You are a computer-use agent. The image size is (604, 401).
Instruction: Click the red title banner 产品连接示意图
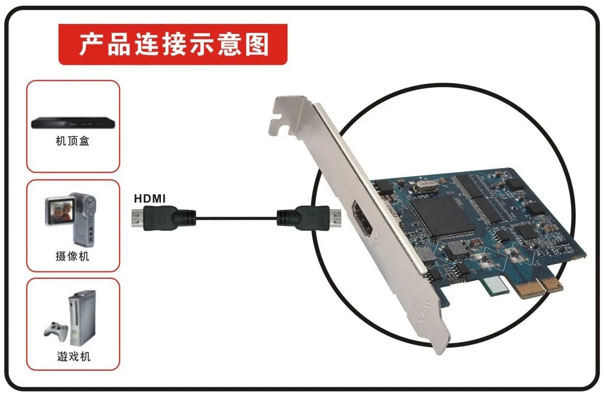pos(173,44)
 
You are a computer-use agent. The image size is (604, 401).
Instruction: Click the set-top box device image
pos(73,123)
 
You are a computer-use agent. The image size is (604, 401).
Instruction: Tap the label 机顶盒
pos(73,141)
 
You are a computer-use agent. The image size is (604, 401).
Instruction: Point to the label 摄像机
pos(73,256)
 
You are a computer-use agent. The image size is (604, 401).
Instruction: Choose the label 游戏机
pos(73,357)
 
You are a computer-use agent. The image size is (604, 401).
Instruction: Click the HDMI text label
pos(150,198)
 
